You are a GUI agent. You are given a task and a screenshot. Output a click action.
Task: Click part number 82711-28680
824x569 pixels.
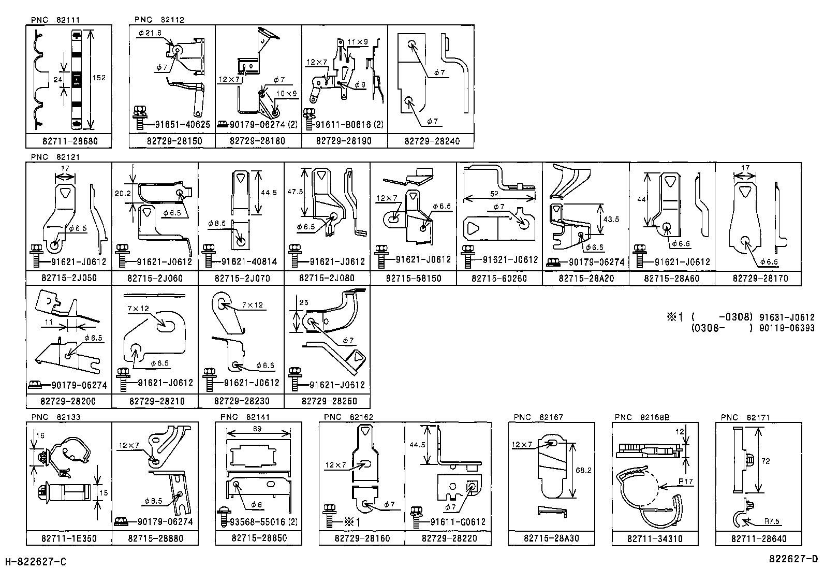tap(69, 141)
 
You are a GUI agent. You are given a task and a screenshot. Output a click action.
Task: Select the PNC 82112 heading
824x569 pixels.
tap(159, 20)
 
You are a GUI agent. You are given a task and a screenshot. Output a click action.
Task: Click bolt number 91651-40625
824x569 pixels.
tap(183, 125)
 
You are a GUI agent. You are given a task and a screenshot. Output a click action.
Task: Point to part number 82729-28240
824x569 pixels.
tap(431, 141)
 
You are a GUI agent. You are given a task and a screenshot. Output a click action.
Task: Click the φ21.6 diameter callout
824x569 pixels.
tap(150, 33)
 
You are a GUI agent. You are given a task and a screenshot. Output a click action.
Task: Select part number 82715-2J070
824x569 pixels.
tap(242, 278)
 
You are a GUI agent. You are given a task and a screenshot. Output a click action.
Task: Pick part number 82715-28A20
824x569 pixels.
tap(586, 278)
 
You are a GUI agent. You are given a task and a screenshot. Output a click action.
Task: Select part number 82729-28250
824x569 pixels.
tap(328, 401)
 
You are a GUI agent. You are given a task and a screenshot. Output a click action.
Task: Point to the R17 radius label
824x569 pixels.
tap(686, 482)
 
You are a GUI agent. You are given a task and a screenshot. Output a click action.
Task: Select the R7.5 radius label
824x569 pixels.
tap(771, 522)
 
